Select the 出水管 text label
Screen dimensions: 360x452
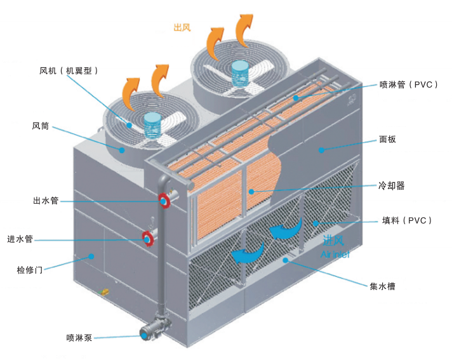click(46, 201)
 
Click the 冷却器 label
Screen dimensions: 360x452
click(391, 186)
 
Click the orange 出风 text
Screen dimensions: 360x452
click(182, 27)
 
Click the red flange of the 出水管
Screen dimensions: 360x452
click(164, 201)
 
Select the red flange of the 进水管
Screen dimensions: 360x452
click(148, 239)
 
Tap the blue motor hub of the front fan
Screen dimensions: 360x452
click(153, 124)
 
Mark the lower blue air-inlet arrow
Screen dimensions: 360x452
click(247, 254)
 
